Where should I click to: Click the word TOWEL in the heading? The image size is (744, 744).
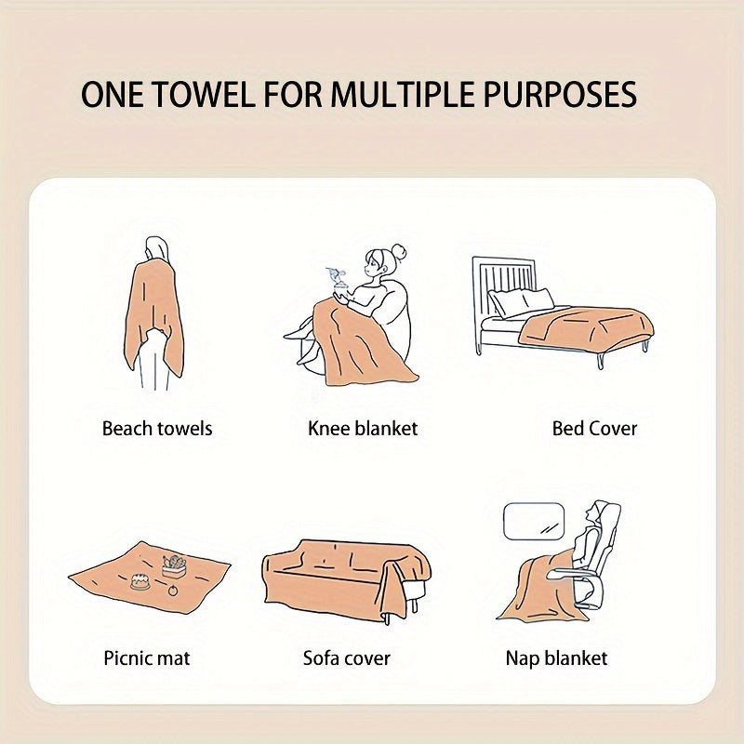(193, 96)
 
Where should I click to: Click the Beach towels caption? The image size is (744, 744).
(157, 429)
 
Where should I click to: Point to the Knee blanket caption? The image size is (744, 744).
(363, 429)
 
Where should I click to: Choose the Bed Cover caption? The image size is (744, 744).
(594, 429)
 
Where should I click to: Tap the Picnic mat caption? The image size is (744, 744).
(147, 658)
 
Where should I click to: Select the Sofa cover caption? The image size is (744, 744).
(347, 658)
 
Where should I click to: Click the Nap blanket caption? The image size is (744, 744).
(556, 658)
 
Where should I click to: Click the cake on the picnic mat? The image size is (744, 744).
(141, 579)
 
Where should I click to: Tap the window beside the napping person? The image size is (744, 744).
(533, 521)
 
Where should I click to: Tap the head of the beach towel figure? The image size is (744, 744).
(157, 248)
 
